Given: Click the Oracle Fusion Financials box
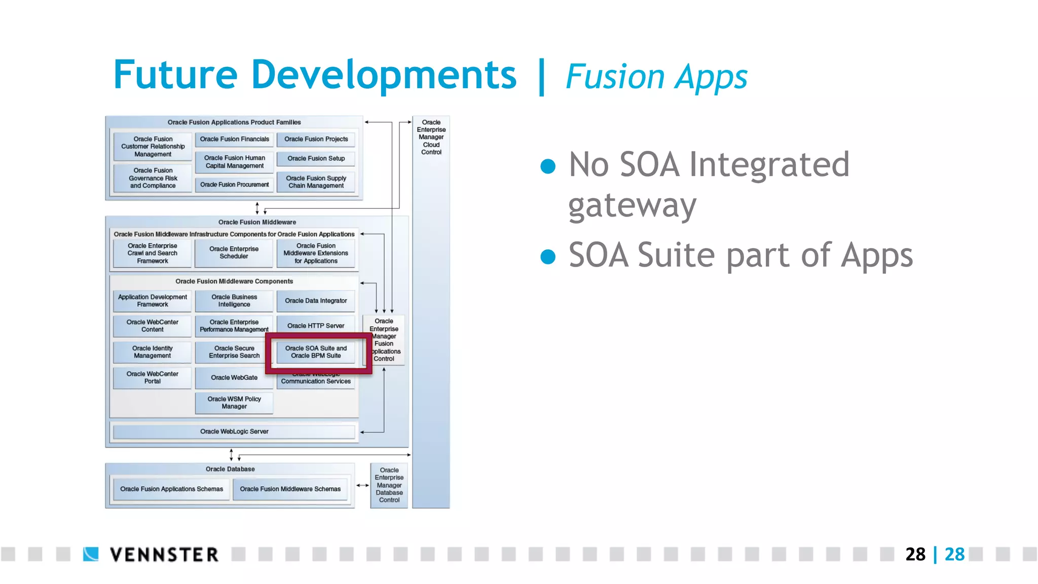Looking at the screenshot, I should (x=234, y=139).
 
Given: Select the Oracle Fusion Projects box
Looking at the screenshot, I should (x=316, y=139).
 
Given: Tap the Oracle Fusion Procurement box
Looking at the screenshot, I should (x=234, y=185).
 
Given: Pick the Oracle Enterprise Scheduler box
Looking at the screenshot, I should (x=234, y=253).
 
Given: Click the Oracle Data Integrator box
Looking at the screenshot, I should (x=316, y=301).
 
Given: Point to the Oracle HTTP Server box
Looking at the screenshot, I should (x=316, y=325).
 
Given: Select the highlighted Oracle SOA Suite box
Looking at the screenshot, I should (x=316, y=352).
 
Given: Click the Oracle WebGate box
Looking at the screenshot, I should (x=234, y=378).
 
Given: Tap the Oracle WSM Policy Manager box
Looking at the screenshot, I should (x=234, y=403).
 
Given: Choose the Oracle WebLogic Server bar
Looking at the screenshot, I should (x=234, y=431).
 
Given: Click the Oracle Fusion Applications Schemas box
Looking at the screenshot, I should (x=171, y=489).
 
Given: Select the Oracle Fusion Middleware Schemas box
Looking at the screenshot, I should (x=290, y=489).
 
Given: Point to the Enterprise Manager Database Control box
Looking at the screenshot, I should (x=389, y=485).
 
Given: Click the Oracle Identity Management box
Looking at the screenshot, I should (x=152, y=352).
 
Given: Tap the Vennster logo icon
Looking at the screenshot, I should (x=91, y=554).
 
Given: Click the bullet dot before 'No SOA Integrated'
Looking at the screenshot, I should (x=548, y=166).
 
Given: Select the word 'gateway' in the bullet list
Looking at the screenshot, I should (x=632, y=206).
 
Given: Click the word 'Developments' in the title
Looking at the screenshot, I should (x=383, y=75).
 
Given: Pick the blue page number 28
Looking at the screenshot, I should (x=954, y=554).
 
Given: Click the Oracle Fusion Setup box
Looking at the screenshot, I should (x=316, y=159).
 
